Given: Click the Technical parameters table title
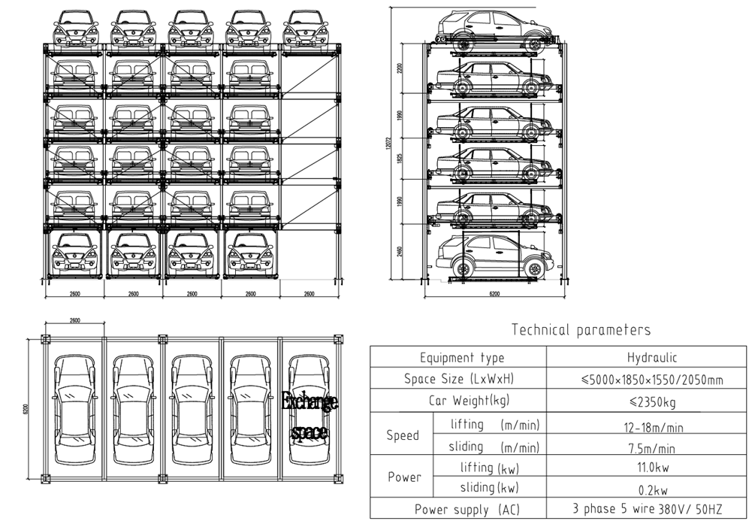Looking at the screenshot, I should click(581, 330).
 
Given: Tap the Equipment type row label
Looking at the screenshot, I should click(461, 358).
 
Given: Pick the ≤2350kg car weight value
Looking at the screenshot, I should click(650, 401).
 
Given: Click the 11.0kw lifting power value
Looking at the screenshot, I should click(651, 468).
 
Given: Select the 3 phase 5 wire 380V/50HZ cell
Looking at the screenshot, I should click(651, 509).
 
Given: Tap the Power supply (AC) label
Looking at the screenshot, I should click(461, 509).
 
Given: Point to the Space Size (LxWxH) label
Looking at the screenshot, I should click(461, 379).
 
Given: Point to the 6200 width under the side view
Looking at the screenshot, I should click(494, 294).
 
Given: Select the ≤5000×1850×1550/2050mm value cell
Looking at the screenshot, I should click(651, 380).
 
